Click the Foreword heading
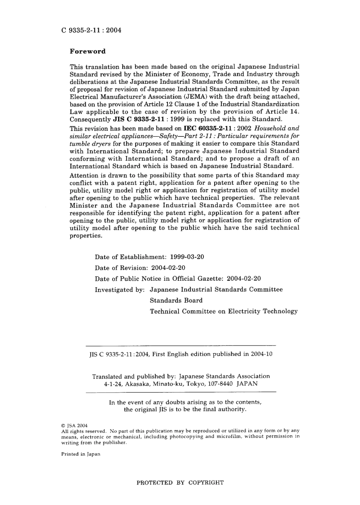88,52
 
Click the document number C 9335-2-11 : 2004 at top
91,30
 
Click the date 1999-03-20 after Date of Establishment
187,257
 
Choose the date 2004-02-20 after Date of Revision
168,268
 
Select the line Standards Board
176,301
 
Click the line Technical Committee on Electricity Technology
224,311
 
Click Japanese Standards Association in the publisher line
224,377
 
